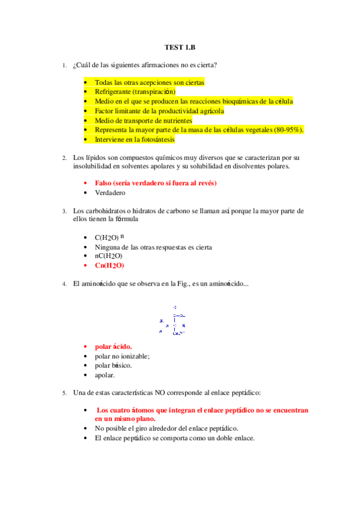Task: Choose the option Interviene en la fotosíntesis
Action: coord(135,140)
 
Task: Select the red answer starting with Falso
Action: coord(156,183)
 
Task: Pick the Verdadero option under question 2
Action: coord(110,192)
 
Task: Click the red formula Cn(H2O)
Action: coord(109,265)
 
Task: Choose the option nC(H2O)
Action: coord(109,256)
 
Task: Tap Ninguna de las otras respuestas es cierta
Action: coord(153,247)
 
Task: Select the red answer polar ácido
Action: coord(113,347)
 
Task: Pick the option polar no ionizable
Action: coord(122,356)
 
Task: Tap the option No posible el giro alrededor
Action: coord(166,429)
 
